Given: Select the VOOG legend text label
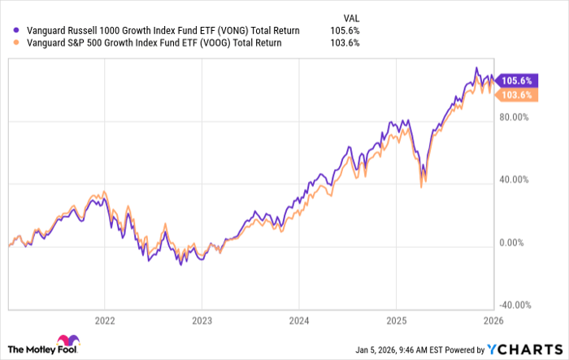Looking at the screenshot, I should click(x=149, y=43).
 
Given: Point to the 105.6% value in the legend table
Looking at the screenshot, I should click(x=345, y=30).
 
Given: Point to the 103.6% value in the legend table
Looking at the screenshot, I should click(x=345, y=43).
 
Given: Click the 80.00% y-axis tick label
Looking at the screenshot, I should click(x=515, y=117).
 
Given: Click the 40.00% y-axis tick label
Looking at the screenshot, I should click(x=515, y=180).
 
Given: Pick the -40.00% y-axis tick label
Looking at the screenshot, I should click(x=515, y=306).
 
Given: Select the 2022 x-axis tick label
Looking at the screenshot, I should click(x=104, y=319).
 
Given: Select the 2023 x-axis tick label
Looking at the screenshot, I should click(x=202, y=319).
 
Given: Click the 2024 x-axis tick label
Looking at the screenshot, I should click(x=298, y=319).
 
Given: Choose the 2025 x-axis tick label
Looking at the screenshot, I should click(x=395, y=319).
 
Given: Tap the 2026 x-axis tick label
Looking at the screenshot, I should click(x=492, y=319).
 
